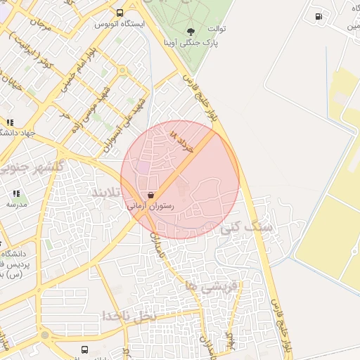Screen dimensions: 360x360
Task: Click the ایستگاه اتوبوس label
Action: [120, 23]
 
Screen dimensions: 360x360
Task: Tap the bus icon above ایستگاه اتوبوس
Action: [120, 12]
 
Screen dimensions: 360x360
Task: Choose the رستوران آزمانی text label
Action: [149, 207]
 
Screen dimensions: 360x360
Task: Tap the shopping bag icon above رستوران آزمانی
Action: [149, 195]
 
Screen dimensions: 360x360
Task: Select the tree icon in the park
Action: [191, 31]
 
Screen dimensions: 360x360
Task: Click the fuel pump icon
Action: [319, 15]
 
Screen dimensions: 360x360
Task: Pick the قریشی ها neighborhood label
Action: [212, 286]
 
